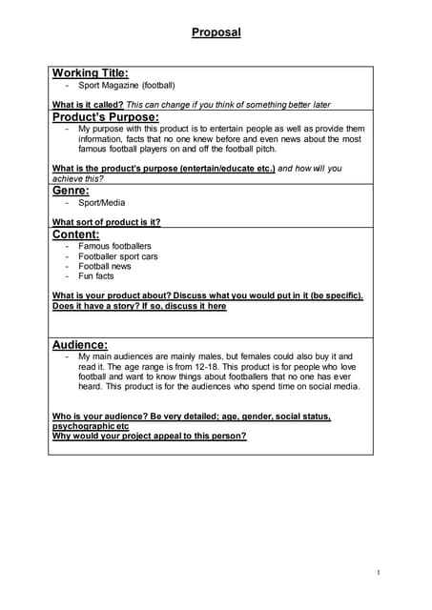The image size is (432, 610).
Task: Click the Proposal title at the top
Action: pyautogui.click(x=216, y=32)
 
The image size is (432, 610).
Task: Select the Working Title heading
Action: pyautogui.click(x=90, y=73)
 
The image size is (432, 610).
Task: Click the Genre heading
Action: pyautogui.click(x=71, y=190)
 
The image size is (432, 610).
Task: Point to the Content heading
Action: pyautogui.click(x=75, y=234)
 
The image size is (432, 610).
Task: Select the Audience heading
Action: pyautogui.click(x=79, y=344)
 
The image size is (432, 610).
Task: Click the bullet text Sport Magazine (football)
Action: pyautogui.click(x=126, y=86)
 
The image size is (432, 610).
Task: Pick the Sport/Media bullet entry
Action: pyautogui.click(x=101, y=202)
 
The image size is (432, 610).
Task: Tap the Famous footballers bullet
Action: pyautogui.click(x=114, y=246)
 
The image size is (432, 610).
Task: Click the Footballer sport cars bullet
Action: pyautogui.click(x=118, y=256)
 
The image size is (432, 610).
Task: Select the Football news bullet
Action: pyautogui.click(x=105, y=267)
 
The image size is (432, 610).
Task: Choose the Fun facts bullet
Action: pyautogui.click(x=96, y=276)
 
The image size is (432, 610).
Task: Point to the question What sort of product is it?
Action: pyautogui.click(x=106, y=222)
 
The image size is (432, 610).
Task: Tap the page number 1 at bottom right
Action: pyautogui.click(x=378, y=572)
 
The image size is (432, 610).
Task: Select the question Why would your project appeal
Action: pyautogui.click(x=149, y=436)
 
